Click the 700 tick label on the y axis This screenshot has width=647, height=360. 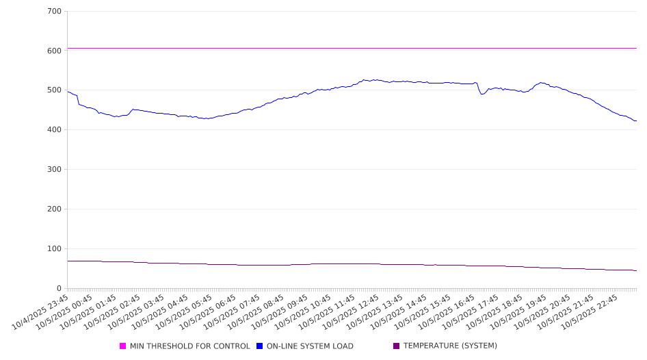[54, 12]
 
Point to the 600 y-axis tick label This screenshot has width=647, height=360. [54, 51]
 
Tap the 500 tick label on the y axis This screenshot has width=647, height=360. [54, 90]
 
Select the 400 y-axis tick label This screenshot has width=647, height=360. [54, 130]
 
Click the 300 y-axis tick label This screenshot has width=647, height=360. [54, 170]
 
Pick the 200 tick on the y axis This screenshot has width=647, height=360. [54, 209]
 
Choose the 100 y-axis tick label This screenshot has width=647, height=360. [54, 249]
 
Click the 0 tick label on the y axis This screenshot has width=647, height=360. [60, 289]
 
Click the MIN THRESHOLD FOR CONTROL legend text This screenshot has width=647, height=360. [189, 346]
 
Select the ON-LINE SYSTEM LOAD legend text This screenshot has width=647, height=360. [310, 346]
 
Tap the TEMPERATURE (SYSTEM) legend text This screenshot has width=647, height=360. [450, 346]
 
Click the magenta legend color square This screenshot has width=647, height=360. [123, 346]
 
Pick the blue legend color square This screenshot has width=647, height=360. [260, 346]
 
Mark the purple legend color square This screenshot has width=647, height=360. [397, 346]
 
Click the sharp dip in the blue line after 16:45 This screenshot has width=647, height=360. [482, 94]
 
